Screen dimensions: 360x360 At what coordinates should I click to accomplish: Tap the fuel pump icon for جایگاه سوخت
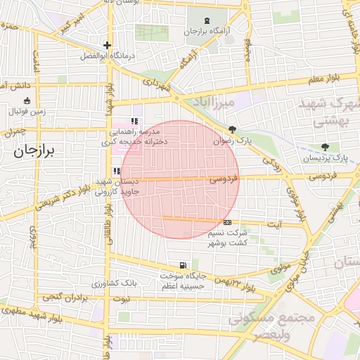tap(184, 265)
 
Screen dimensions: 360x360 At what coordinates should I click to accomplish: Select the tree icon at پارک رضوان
tap(233, 129)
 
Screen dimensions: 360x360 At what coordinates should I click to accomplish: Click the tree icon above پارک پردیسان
tap(325, 147)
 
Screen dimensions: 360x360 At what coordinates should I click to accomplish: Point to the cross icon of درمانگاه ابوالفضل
tap(107, 45)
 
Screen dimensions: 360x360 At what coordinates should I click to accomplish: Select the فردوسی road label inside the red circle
tap(224, 180)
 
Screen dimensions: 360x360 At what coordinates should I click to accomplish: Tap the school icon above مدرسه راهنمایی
tap(134, 121)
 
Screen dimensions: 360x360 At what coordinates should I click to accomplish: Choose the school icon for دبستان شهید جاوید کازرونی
tap(117, 170)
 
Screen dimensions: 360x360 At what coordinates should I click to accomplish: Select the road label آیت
tap(275, 225)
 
